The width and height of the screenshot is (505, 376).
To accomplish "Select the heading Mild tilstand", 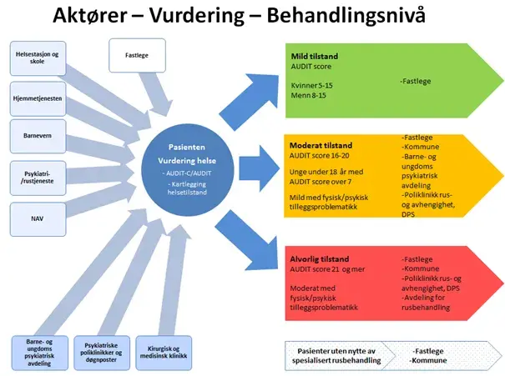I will [x=315, y=57].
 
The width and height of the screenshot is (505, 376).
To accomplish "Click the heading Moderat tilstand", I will [x=322, y=146].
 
